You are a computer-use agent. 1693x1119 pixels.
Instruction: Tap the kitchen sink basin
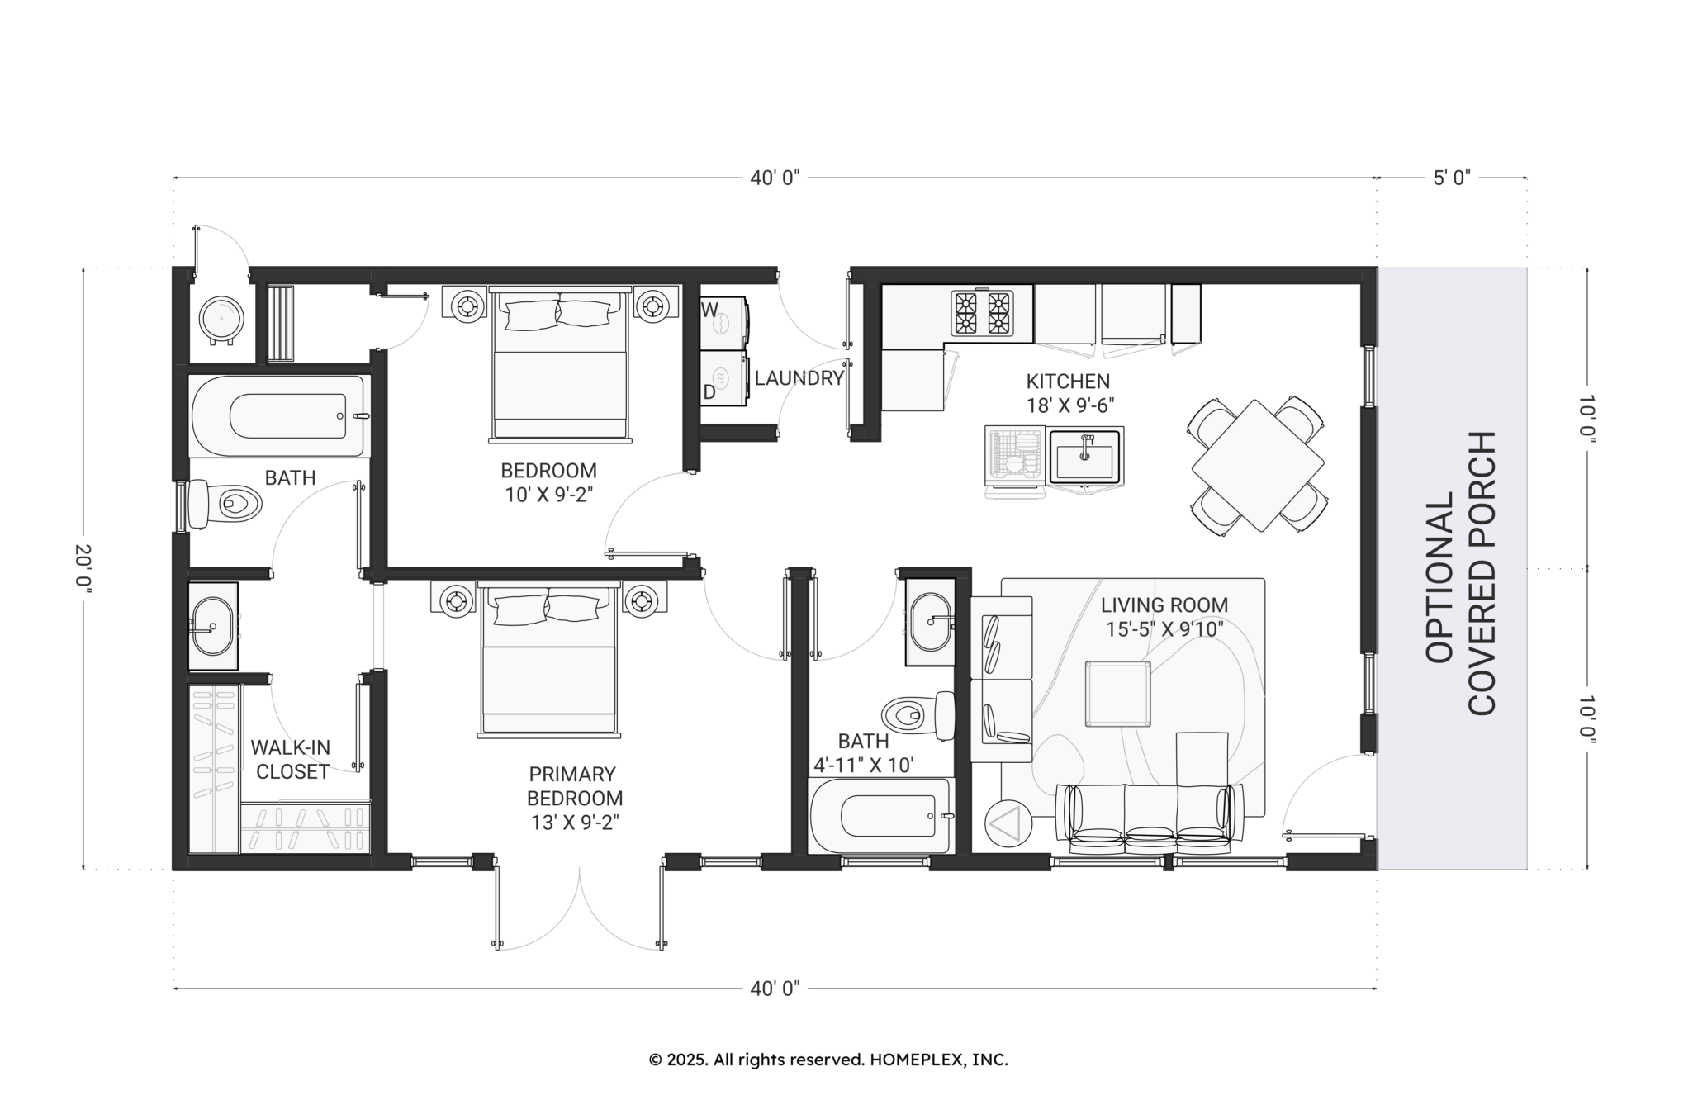(1085, 455)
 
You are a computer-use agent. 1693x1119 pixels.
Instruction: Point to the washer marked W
(724, 321)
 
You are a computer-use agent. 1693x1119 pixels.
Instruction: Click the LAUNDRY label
(799, 378)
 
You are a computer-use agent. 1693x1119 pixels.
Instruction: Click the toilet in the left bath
(225, 503)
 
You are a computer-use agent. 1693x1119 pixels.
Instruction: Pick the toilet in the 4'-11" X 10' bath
(918, 714)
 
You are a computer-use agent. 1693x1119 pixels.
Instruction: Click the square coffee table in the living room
(1118, 694)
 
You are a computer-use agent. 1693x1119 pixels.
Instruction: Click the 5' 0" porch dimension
(1452, 178)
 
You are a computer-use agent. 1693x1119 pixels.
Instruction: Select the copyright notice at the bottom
(828, 1060)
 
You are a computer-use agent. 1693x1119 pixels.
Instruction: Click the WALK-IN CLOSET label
(291, 760)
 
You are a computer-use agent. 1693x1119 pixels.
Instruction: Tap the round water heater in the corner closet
(221, 319)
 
